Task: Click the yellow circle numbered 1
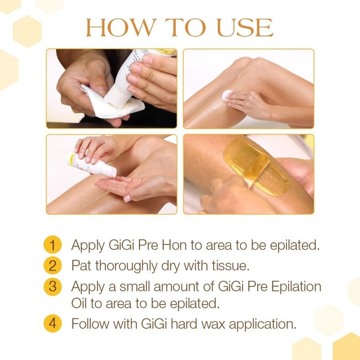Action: click(x=52, y=245)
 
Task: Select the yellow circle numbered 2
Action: click(x=52, y=265)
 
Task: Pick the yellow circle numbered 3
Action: click(x=52, y=287)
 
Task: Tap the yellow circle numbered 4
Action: click(x=52, y=323)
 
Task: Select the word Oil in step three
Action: click(x=81, y=304)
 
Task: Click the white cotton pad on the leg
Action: click(x=227, y=96)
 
